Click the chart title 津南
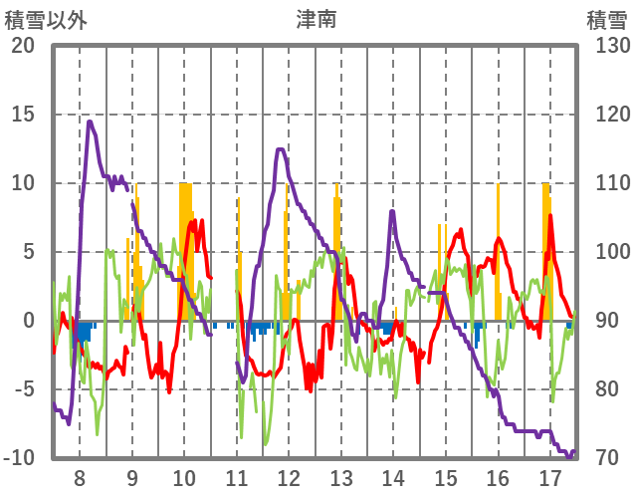tap(316, 19)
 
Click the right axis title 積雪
tap(606, 19)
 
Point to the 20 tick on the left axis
tap(22, 46)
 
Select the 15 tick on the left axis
tap(22, 115)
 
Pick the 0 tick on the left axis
tap(29, 321)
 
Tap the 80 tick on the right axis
tap(606, 389)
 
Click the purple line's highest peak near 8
tap(90, 122)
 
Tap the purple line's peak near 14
tap(392, 211)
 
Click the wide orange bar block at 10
tap(185, 249)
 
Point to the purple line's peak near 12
tap(281, 149)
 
